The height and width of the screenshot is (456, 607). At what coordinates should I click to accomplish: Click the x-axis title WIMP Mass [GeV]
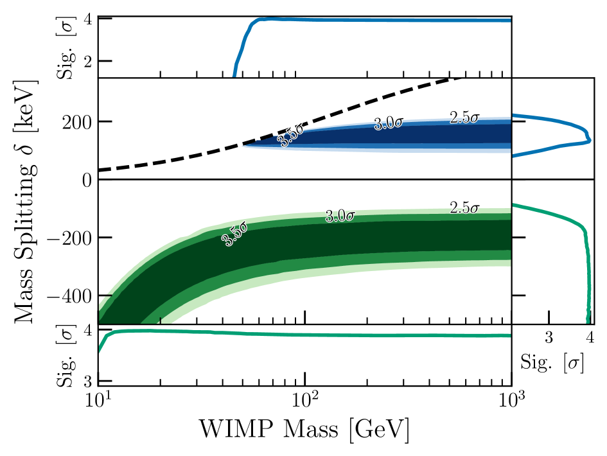pos(304,428)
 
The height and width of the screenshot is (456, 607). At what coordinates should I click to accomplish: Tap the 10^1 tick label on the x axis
pos(98,399)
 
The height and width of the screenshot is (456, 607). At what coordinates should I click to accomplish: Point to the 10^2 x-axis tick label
pos(304,399)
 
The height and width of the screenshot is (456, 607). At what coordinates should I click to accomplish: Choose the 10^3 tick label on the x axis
pos(511,399)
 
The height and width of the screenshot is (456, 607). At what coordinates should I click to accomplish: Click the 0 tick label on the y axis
pos(87,180)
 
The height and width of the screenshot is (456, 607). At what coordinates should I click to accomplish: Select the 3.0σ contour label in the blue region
pos(388,123)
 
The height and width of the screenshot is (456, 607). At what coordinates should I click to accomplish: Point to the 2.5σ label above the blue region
pos(464,118)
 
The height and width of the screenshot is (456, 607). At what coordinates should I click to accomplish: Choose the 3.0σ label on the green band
pos(339,216)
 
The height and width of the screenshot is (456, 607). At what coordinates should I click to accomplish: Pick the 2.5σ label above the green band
pos(464,208)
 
